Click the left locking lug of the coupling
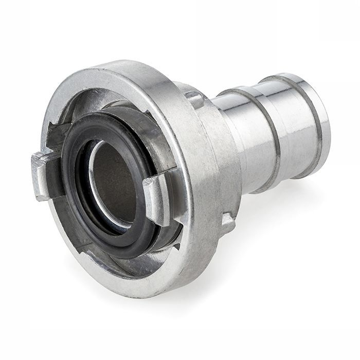coord(43,175)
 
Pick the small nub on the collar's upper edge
coord(194,97)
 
